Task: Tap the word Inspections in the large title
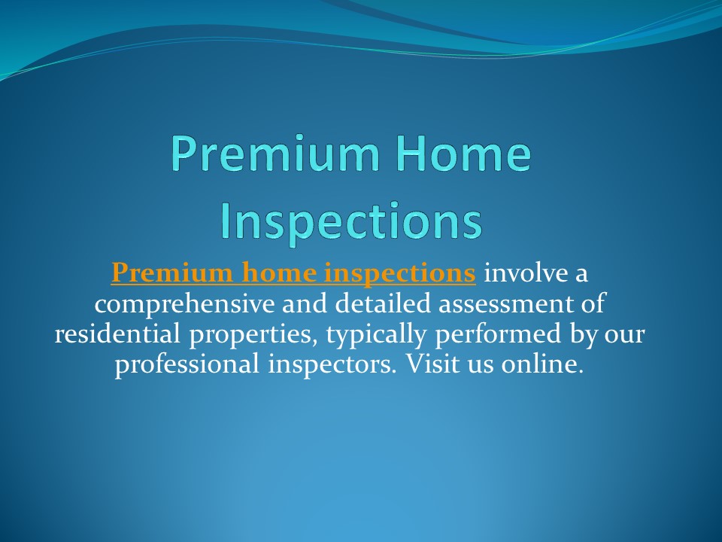(350, 220)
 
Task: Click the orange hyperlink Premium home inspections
(293, 274)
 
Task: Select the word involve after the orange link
(525, 274)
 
